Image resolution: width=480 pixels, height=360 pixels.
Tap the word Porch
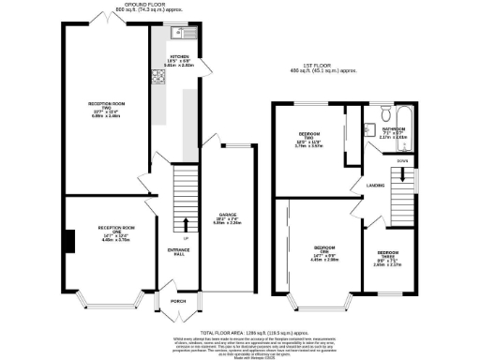click(178, 301)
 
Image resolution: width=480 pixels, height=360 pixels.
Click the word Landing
click(378, 185)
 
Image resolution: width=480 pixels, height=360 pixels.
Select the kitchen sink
click(178, 34)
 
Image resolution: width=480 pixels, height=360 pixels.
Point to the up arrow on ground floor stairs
click(186, 223)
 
